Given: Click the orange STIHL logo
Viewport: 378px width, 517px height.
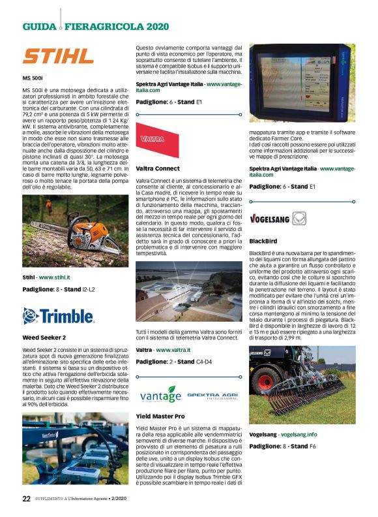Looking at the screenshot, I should (58, 55).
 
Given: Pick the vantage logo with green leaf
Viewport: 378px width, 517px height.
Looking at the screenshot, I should (159, 394).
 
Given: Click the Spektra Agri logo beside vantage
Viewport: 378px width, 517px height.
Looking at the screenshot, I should (212, 396).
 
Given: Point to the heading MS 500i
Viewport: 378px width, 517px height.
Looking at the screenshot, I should (33, 78).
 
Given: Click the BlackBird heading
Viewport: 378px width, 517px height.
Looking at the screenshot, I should (263, 241).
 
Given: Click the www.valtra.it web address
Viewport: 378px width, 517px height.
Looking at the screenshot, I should (173, 350).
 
